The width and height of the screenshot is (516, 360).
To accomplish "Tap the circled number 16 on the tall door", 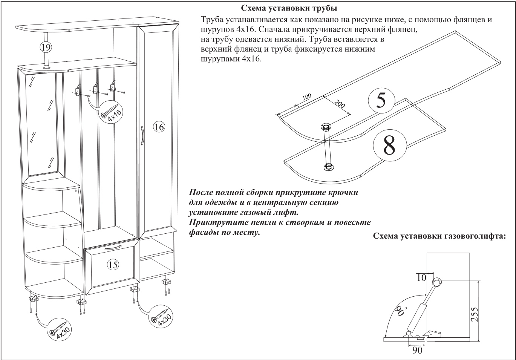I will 159,127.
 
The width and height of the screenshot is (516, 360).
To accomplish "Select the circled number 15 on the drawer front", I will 113,265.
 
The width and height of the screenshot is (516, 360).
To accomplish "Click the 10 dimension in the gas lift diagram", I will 422,278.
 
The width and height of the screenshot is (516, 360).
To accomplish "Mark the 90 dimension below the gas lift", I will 417,350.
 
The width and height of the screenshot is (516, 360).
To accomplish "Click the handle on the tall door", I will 142,136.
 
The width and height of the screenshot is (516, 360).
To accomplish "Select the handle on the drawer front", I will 113,248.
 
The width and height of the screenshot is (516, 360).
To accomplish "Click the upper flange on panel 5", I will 326,126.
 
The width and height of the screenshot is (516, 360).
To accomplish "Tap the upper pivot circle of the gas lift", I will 437,282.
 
